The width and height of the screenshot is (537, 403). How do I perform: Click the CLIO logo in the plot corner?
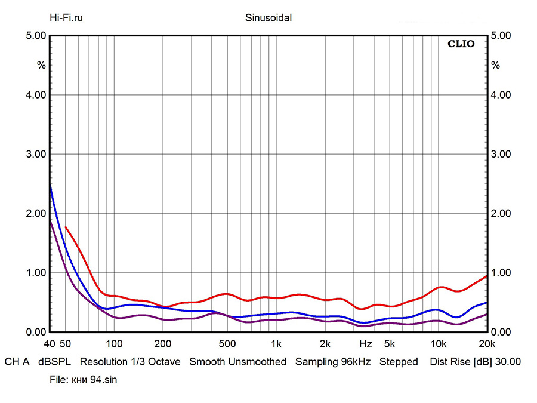461,44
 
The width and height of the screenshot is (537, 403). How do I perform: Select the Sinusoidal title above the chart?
268,18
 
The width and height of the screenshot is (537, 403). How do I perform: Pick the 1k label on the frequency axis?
276,344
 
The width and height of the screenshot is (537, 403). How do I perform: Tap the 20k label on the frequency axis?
487,344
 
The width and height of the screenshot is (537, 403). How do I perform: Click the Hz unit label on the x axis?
366,344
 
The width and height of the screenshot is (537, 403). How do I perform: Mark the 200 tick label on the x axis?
163,344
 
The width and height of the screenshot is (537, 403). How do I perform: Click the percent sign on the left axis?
41,65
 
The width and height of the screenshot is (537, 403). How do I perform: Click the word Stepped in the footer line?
399,362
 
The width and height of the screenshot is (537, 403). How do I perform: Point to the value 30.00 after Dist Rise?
508,362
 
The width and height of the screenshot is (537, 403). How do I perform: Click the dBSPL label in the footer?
54,362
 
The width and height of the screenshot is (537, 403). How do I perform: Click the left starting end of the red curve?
66,227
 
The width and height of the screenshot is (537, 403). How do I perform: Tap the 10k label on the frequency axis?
439,344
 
